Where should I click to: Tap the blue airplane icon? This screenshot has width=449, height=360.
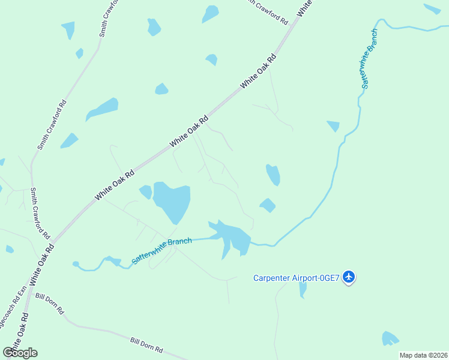pos(349,277)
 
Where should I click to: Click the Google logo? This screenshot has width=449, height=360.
pos(20,352)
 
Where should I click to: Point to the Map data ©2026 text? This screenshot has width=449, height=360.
pos(423,355)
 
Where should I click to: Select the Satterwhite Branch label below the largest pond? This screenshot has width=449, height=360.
pos(161,251)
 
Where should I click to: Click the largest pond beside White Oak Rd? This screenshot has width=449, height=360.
pos(172,201)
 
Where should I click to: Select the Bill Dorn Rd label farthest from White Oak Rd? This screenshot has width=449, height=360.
pos(146,344)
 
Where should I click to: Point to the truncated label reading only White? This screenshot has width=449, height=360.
pos(305,7)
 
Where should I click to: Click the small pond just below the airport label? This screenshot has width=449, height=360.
pos(303,289)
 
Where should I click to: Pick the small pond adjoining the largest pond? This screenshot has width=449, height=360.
pos(145,192)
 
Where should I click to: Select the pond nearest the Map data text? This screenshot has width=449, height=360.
pos(390,338)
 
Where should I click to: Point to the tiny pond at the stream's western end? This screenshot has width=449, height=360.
pos(76,264)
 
